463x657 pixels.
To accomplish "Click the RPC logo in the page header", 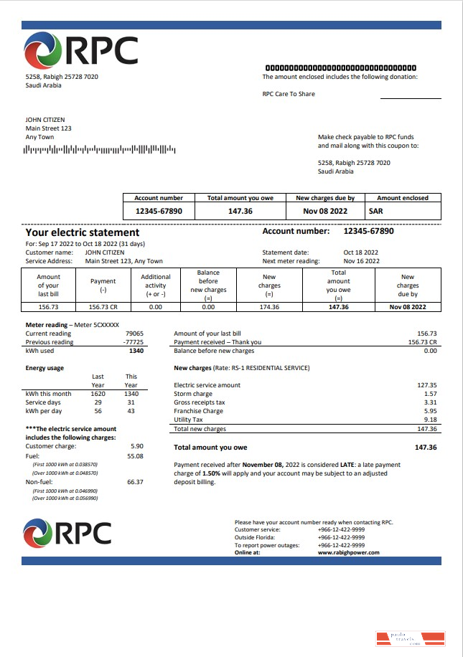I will tap(80, 52).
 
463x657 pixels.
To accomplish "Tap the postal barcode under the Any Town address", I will tap(100, 149).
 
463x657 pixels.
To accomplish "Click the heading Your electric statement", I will tap(83, 232).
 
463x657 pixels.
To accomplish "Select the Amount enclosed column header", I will tap(403, 198).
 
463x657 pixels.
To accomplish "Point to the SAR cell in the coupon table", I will tap(376, 212).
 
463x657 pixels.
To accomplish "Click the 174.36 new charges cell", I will tap(270, 307).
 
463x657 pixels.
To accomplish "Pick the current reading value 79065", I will tap(134, 334).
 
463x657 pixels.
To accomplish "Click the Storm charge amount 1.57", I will tap(430, 394).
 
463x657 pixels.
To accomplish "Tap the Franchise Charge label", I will tap(199, 411).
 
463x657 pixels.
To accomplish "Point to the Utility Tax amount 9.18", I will tap(430, 420).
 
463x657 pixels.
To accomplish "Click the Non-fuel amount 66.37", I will tap(135, 482).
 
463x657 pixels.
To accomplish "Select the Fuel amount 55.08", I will tap(135, 455).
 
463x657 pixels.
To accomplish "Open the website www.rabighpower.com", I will tap(348, 552).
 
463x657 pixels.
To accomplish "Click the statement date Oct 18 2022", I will tap(360, 252).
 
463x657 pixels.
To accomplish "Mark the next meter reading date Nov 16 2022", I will tap(360, 261).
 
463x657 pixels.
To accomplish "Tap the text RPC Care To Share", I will tap(289, 94).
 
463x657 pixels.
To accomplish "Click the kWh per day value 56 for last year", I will tap(98, 411).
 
